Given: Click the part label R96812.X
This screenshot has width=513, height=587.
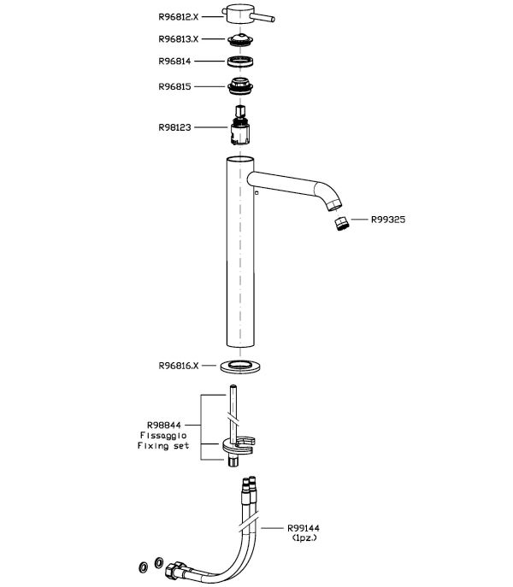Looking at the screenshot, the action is pyautogui.click(x=179, y=17).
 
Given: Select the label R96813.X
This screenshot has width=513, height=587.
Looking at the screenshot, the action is pyautogui.click(x=179, y=39).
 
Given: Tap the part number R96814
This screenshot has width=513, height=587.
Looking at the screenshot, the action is pyautogui.click(x=174, y=61).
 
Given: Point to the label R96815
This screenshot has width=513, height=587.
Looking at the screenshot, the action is pyautogui.click(x=174, y=86).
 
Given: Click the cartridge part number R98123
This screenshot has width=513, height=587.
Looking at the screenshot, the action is pyautogui.click(x=174, y=127).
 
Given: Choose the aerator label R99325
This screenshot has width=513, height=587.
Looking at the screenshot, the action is pyautogui.click(x=388, y=220).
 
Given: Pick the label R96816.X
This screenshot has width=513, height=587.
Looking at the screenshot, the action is pyautogui.click(x=179, y=366).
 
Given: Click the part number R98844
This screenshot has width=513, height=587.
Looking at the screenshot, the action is pyautogui.click(x=164, y=426).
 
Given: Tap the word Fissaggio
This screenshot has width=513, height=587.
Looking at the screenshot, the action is pyautogui.click(x=163, y=436).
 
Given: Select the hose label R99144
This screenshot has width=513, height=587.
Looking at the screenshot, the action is pyautogui.click(x=304, y=528).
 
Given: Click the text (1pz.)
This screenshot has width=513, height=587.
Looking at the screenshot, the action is pyautogui.click(x=304, y=537).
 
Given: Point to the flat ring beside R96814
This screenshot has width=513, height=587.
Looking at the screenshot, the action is pyautogui.click(x=240, y=61).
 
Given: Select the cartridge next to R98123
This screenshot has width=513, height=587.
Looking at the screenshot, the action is pyautogui.click(x=240, y=126).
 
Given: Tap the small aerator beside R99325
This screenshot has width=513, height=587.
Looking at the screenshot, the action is pyautogui.click(x=341, y=224).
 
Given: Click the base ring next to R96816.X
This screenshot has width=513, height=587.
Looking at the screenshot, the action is pyautogui.click(x=240, y=367).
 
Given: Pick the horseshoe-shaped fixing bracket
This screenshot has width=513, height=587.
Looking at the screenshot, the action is pyautogui.click(x=239, y=445).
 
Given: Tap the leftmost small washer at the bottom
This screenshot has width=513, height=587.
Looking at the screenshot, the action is pyautogui.click(x=143, y=567).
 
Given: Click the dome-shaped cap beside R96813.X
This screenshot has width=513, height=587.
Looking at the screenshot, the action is pyautogui.click(x=240, y=39).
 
